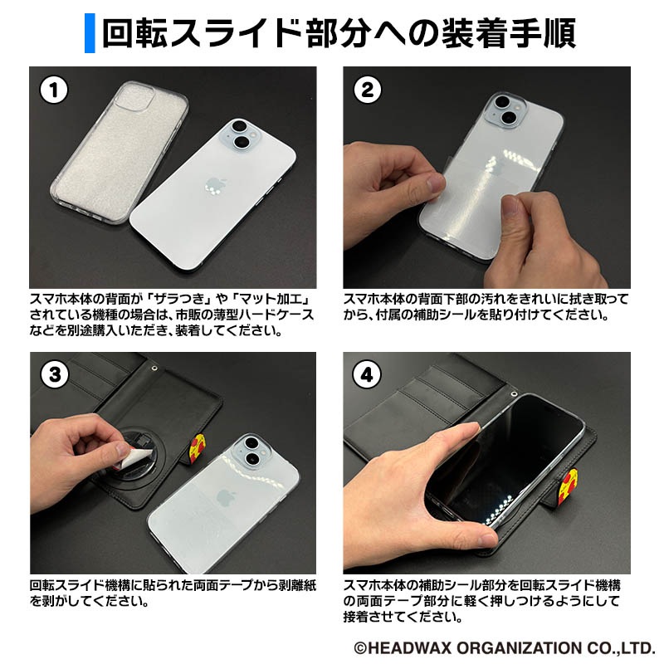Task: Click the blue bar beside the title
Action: [x=90, y=33]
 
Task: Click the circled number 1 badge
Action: [x=54, y=90]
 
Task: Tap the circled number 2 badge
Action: [x=368, y=90]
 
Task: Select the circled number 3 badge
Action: [x=55, y=375]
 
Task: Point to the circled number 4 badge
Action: [x=367, y=375]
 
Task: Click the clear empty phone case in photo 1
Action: [x=120, y=152]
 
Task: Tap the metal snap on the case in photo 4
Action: [x=515, y=393]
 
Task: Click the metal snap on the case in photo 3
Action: [x=154, y=367]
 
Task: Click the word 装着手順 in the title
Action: [x=509, y=33]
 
